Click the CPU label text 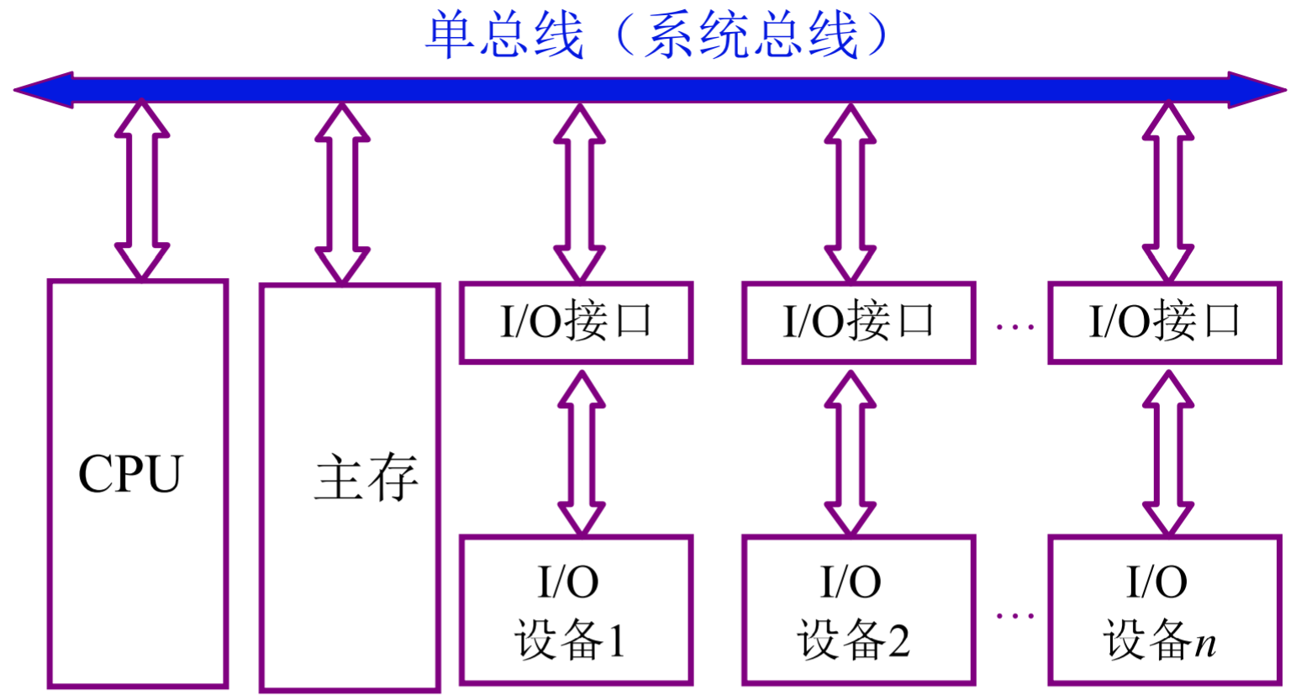[x=130, y=474]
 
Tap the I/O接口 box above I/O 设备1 [x=577, y=323]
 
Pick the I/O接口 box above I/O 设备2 [x=858, y=323]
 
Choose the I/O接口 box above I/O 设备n [x=1165, y=323]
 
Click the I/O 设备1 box [x=577, y=610]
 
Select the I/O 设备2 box [x=858, y=610]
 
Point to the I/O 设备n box [x=1165, y=610]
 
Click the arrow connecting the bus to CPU [x=142, y=190]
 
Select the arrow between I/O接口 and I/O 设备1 [x=582, y=452]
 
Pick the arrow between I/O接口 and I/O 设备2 [x=851, y=452]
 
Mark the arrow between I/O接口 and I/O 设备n [x=1168, y=452]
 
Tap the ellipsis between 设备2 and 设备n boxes [x=1014, y=616]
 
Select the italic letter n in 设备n [x=1205, y=644]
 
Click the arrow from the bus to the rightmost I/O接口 [x=1168, y=192]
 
